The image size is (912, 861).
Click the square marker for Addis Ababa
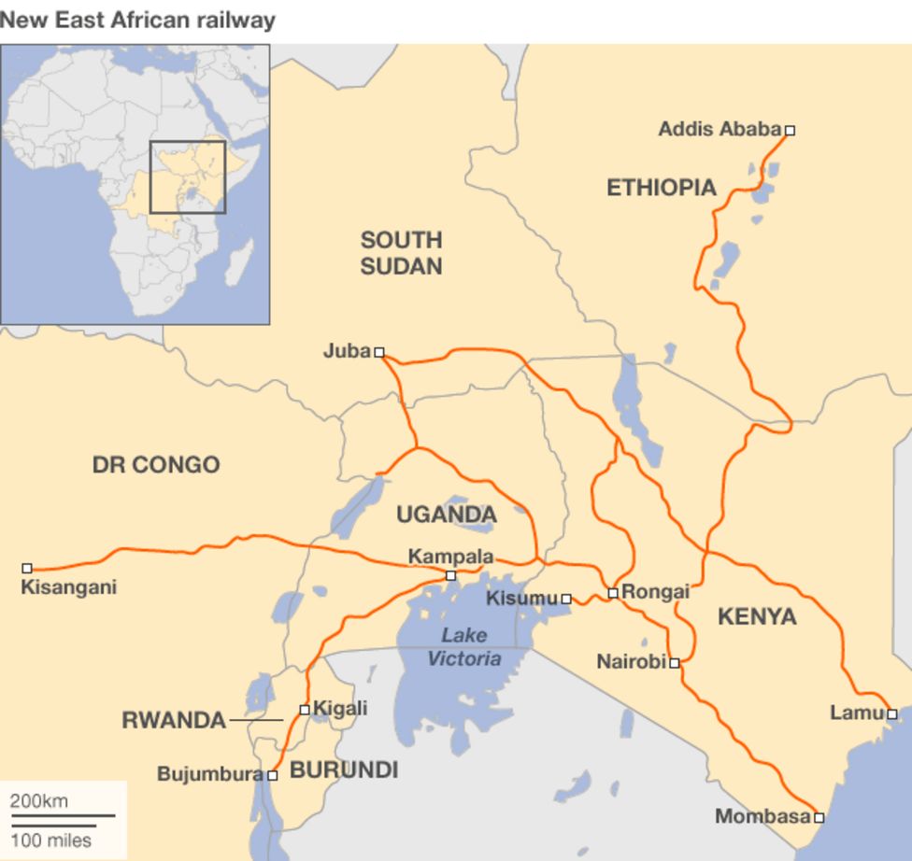point(790,131)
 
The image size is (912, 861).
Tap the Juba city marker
point(379,352)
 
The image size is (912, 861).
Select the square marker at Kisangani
point(27,568)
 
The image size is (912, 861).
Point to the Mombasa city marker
point(819,817)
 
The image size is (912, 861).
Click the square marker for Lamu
point(892,714)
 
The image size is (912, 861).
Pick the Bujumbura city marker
point(273,775)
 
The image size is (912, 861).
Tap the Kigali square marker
point(304,710)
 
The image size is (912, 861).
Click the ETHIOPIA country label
point(662,188)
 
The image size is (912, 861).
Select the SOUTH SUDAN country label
point(401,253)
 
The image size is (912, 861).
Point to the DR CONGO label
point(156,464)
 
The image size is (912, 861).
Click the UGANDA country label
point(447,515)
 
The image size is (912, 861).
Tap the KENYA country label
point(757,616)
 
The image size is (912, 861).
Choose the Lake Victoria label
point(464,647)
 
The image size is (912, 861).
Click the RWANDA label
point(174,720)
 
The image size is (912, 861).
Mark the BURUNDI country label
point(344,770)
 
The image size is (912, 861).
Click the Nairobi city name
point(631,662)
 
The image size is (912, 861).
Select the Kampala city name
point(450,557)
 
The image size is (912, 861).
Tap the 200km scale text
point(39,801)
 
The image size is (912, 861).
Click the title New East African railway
point(137,20)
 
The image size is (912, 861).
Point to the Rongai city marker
point(613,593)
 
